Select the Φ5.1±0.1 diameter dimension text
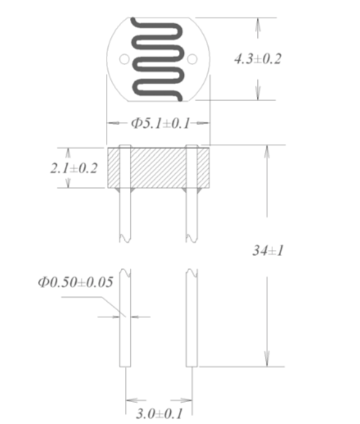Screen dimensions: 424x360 (159, 124)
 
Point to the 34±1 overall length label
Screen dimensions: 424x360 (267, 250)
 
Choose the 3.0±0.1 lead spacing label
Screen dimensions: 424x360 (157, 414)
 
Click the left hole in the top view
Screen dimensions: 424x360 (123, 58)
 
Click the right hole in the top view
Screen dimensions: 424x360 (193, 58)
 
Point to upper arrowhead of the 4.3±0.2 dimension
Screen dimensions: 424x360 (257, 23)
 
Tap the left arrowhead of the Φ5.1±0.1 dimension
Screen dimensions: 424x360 (112, 124)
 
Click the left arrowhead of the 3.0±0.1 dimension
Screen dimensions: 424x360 (130, 401)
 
